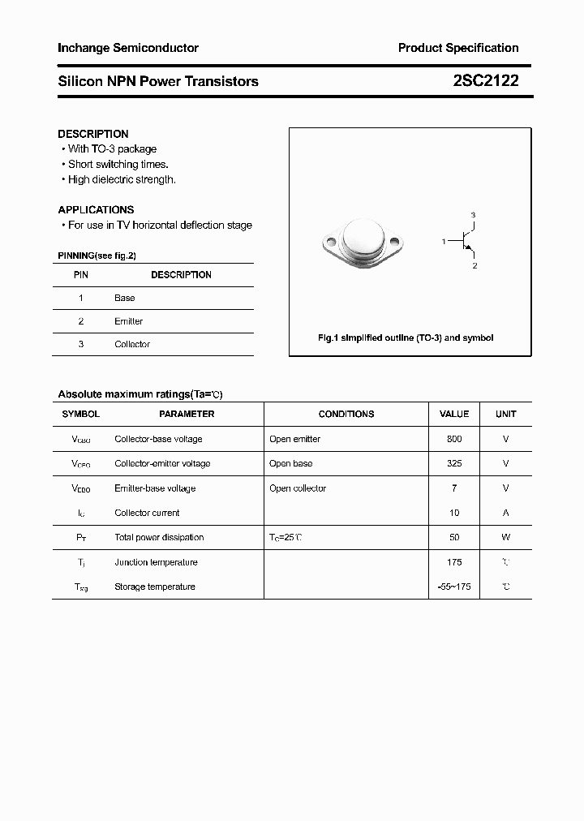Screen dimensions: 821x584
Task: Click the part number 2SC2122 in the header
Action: click(x=486, y=81)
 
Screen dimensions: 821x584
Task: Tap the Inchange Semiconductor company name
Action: click(x=128, y=49)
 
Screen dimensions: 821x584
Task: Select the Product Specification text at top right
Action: click(x=457, y=49)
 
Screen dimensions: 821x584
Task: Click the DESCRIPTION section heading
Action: click(x=93, y=134)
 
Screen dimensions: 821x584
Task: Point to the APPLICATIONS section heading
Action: click(x=96, y=209)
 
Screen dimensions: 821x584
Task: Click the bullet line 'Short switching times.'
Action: click(x=118, y=164)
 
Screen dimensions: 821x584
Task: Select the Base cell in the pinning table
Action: click(x=125, y=298)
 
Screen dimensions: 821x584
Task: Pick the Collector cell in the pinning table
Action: click(x=132, y=344)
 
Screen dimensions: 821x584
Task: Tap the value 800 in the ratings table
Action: click(x=453, y=439)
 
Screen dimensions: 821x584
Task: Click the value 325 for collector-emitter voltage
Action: click(x=453, y=463)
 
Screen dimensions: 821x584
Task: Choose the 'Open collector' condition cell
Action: click(x=298, y=488)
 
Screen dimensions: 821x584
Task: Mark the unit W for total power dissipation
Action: click(x=505, y=537)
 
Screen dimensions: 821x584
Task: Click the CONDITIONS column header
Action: click(x=346, y=414)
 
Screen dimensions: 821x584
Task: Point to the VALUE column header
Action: click(x=453, y=414)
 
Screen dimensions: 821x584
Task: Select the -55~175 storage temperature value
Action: click(x=453, y=587)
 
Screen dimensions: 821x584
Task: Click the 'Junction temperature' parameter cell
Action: click(x=155, y=562)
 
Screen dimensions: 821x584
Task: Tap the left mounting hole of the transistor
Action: click(x=329, y=241)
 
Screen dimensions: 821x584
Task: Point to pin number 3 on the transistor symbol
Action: click(x=474, y=215)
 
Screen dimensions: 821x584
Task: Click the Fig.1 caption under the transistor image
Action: click(x=405, y=337)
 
